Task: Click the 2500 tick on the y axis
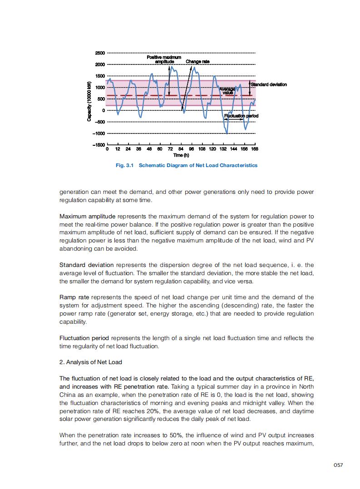click(100, 53)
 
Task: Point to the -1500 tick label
click(99, 145)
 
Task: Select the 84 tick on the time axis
click(180, 149)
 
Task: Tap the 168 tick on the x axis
click(255, 149)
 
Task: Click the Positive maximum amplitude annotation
click(164, 59)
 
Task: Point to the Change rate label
click(197, 61)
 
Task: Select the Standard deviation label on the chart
click(269, 84)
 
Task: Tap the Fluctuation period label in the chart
click(242, 116)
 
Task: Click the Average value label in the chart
click(228, 91)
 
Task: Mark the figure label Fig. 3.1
click(125, 165)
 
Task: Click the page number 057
click(337, 464)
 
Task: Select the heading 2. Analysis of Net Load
click(91, 362)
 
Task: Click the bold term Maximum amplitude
click(87, 216)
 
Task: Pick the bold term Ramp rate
click(74, 297)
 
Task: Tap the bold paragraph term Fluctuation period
click(84, 338)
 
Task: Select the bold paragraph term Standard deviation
click(87, 265)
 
